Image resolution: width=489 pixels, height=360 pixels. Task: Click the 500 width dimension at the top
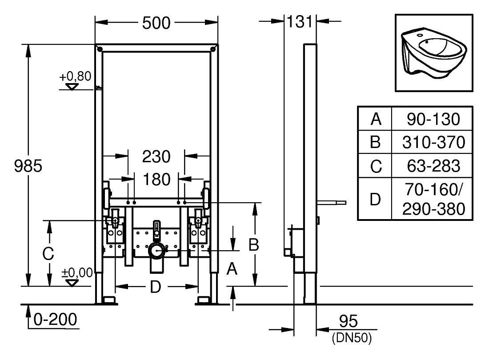(156, 23)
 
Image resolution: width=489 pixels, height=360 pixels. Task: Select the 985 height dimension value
(28, 166)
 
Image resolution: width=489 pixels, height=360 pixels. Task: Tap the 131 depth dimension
(300, 21)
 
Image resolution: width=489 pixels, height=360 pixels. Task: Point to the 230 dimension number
(156, 156)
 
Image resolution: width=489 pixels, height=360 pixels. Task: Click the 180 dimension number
(156, 180)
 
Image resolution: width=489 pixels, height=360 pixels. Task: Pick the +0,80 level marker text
(75, 76)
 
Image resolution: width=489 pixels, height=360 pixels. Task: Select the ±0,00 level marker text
(77, 273)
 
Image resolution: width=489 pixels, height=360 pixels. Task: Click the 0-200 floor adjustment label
(55, 320)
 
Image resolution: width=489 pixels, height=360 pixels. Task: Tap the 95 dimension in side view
(348, 321)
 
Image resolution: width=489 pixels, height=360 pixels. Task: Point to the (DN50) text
(352, 338)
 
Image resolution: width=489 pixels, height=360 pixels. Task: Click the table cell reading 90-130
(433, 119)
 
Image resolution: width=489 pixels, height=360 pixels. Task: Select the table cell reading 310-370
(433, 142)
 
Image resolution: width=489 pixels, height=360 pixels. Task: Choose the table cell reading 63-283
(433, 166)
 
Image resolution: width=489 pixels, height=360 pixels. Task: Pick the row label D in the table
(375, 199)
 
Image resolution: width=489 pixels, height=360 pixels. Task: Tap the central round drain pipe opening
(156, 250)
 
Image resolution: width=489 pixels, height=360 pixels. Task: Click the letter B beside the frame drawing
(253, 245)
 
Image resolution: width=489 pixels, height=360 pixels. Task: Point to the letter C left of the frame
(48, 254)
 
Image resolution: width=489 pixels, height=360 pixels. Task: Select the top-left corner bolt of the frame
(100, 49)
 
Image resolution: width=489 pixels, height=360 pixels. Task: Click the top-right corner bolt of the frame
(213, 49)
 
